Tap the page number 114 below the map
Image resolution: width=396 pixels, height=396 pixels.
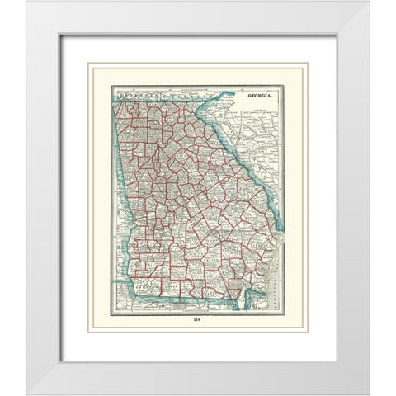click(196, 321)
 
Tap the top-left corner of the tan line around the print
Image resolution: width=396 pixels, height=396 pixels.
click(90, 64)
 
